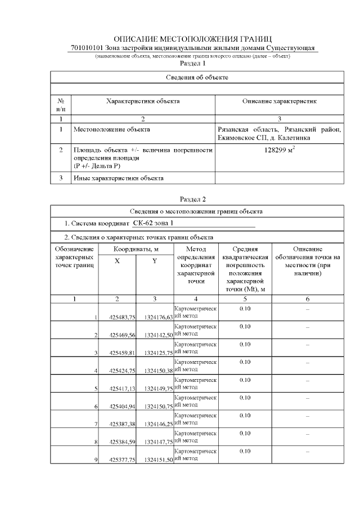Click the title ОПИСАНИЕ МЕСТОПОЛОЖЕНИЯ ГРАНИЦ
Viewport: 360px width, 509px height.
[x=193, y=39]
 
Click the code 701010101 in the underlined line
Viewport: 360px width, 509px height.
[x=89, y=48]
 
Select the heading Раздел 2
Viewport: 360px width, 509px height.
[x=193, y=199]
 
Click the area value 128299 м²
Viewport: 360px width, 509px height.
[x=280, y=151]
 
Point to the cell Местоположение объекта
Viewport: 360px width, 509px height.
[x=112, y=129]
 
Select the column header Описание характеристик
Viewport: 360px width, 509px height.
[x=280, y=101]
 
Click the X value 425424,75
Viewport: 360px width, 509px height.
[x=123, y=371]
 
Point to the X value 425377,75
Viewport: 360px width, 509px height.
[x=123, y=460]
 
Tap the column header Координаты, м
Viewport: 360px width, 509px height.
[x=136, y=249]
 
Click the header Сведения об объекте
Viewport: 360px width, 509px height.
[x=197, y=76]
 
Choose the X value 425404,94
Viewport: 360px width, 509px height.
[x=123, y=407]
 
